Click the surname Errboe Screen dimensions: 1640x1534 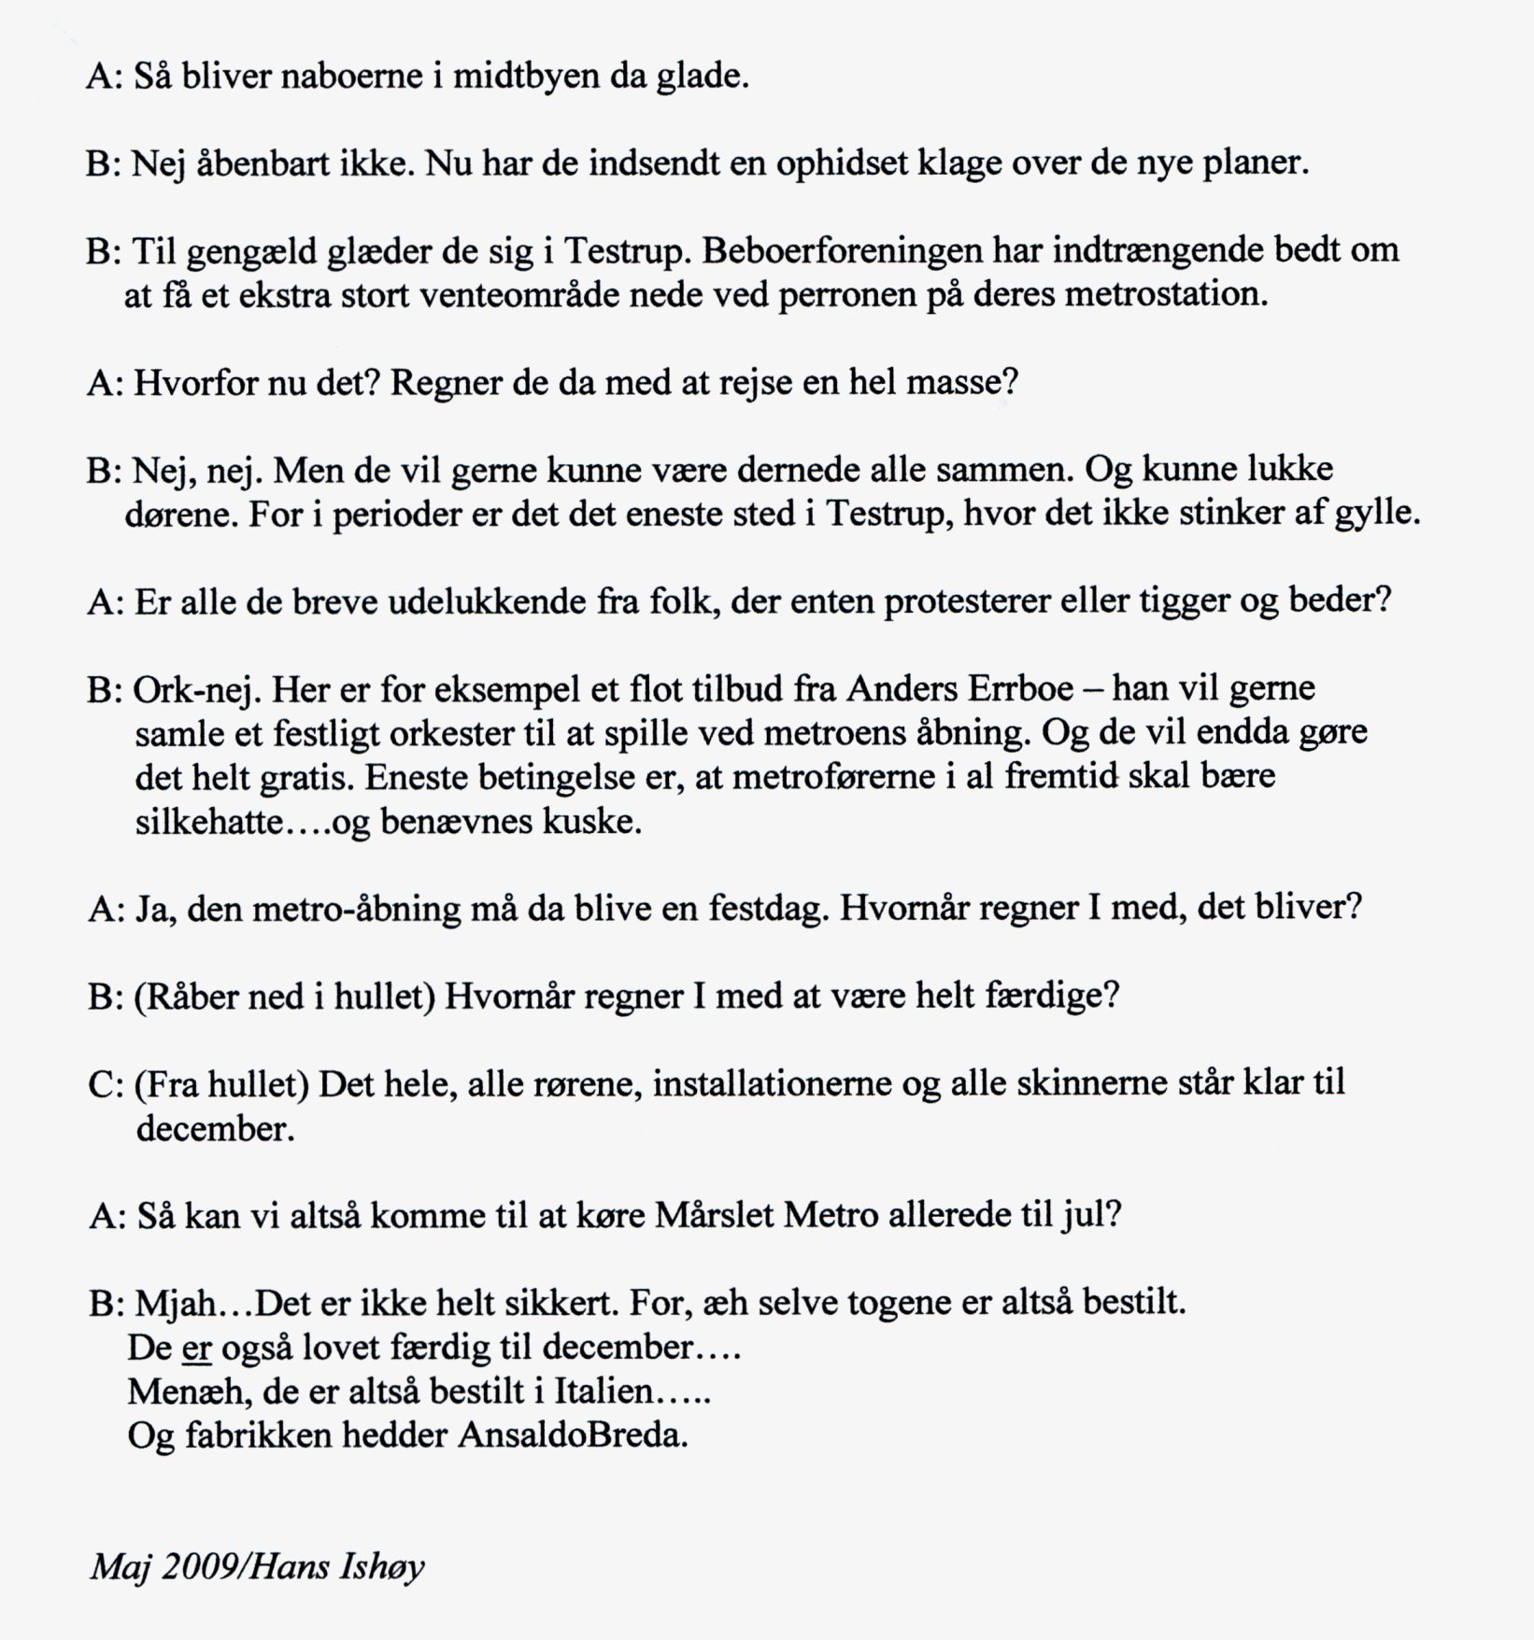pyautogui.click(x=1023, y=689)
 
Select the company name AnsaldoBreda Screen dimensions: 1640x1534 pyautogui.click(x=572, y=1435)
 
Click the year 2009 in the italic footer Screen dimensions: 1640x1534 pyautogui.click(x=198, y=1566)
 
